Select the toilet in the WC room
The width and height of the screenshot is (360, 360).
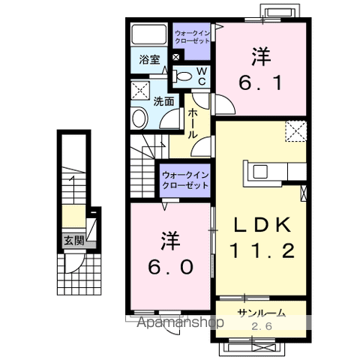pos(182,75)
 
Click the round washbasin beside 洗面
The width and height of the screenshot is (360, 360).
pos(140,118)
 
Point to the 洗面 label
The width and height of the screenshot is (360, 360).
pos(164,100)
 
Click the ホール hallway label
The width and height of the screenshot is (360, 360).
pos(193,122)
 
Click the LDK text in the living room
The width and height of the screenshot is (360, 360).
pos(262,225)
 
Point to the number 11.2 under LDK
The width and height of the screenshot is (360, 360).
pos(262,251)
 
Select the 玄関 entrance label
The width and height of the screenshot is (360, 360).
pos(73,241)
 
